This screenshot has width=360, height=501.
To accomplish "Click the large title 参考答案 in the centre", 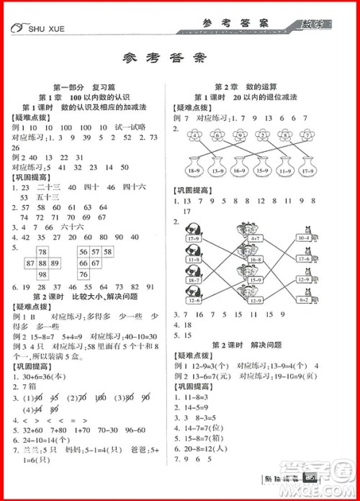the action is tap(179, 58).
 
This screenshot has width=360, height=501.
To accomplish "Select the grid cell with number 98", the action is tap(42, 276).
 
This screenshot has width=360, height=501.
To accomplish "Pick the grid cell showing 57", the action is tap(95, 251).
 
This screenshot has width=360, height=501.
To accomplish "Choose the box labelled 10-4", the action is tap(302, 238).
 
